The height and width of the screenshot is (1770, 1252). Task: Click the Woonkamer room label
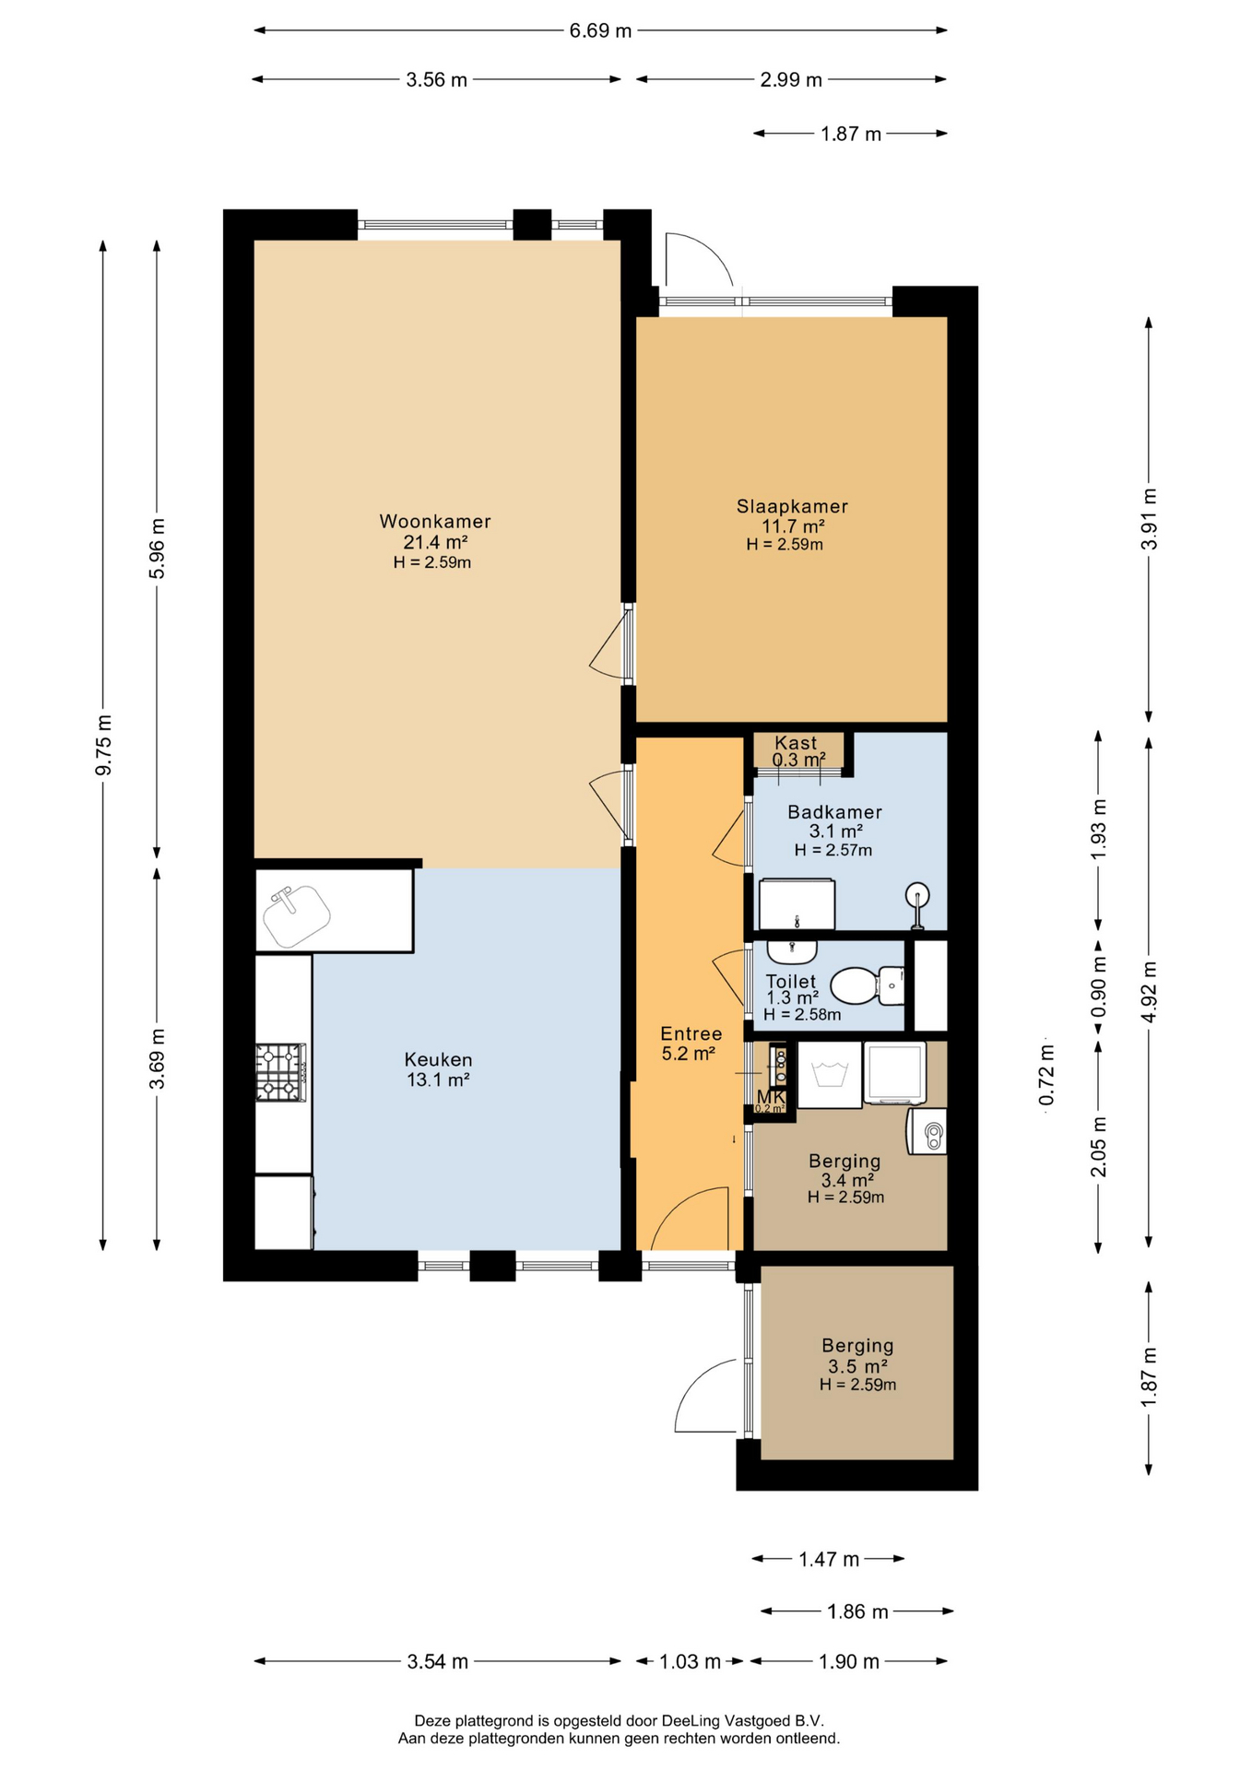435,522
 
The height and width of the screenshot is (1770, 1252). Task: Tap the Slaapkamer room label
792,506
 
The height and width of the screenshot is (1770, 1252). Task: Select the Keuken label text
438,1060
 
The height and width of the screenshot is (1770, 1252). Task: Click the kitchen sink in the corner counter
296,914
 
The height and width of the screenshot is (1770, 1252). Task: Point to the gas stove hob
281,1072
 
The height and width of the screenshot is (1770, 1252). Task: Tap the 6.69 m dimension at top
600,30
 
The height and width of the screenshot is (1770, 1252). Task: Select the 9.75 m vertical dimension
103,745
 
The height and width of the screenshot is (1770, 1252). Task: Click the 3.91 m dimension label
1149,519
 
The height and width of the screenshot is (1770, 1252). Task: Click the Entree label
691,1033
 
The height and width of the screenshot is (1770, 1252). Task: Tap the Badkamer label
834,812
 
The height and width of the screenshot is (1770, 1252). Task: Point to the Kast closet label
796,742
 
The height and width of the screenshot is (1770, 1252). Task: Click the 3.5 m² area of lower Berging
857,1366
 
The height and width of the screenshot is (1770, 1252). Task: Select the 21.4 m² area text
435,542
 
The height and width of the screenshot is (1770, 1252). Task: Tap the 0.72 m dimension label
1046,1075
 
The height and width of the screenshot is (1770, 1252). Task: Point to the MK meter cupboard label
771,1097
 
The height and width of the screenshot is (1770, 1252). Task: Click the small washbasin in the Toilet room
792,950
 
